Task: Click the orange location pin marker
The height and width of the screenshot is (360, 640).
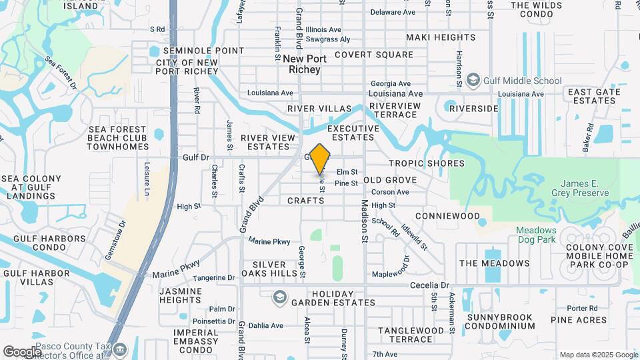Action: (x=320, y=159)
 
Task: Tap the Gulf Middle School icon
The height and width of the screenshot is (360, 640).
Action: (x=473, y=81)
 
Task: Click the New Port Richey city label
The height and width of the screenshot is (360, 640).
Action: (x=305, y=64)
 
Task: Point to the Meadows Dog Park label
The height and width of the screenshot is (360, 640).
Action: (x=536, y=235)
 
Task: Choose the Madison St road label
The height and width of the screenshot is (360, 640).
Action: (x=365, y=220)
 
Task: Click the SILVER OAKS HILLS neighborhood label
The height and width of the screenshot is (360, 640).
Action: (x=269, y=269)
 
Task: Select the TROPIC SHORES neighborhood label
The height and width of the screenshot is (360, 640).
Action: (x=427, y=163)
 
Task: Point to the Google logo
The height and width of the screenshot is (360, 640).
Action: (x=22, y=351)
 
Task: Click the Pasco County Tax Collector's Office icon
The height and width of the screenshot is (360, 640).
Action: (x=120, y=349)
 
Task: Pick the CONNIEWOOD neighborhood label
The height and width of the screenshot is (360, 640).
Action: (x=447, y=216)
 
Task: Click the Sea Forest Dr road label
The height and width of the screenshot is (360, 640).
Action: (x=61, y=72)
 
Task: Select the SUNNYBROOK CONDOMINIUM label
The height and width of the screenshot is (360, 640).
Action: (x=500, y=321)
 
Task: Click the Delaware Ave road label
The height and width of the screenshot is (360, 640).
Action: (x=393, y=12)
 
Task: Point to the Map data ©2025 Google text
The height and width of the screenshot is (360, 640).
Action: (x=599, y=355)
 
